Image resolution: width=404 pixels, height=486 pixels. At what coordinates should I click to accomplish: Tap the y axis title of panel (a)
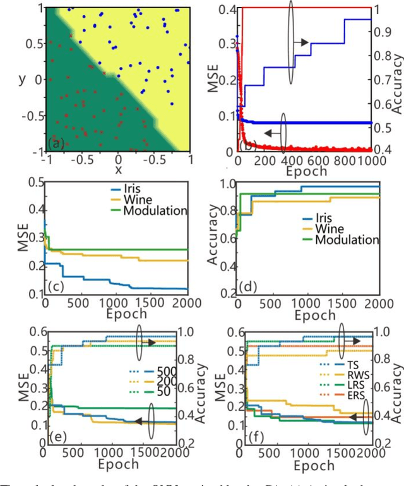[21, 79]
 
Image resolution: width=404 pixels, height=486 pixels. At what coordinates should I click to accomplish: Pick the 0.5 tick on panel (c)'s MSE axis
[29, 183]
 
